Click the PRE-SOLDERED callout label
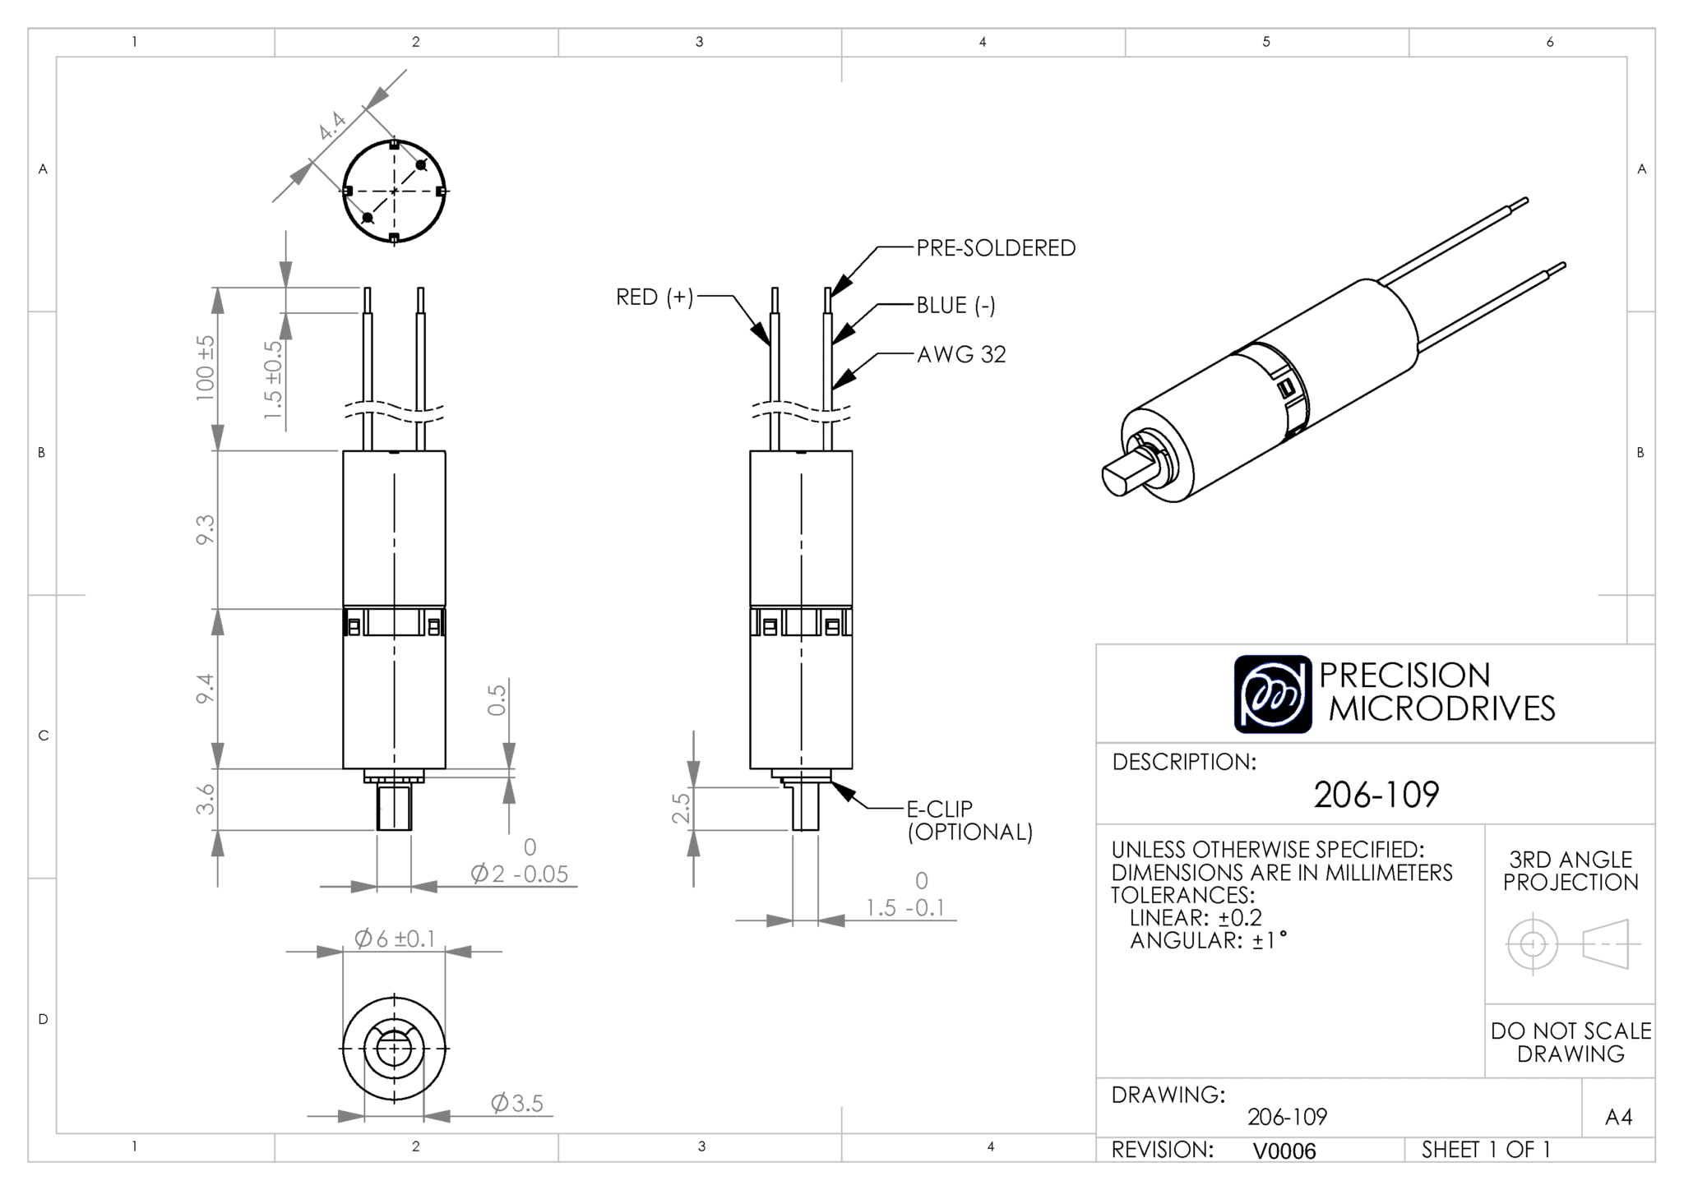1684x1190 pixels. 996,248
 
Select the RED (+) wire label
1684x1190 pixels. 655,297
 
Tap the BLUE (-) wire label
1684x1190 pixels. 955,306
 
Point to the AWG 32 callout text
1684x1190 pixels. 961,354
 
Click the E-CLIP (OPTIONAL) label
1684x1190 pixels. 969,820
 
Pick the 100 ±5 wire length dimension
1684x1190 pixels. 205,367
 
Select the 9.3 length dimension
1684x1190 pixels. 205,528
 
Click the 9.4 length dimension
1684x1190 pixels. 205,688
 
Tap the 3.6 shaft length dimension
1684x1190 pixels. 205,799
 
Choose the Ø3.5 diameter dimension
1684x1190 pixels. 517,1103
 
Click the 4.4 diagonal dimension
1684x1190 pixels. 332,125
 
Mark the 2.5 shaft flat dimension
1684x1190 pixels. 681,808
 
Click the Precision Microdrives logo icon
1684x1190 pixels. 1273,694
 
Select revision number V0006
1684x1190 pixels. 1284,1151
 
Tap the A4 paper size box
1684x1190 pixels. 1618,1117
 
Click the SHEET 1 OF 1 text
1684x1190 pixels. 1486,1150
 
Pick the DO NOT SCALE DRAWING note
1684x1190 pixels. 1571,1042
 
